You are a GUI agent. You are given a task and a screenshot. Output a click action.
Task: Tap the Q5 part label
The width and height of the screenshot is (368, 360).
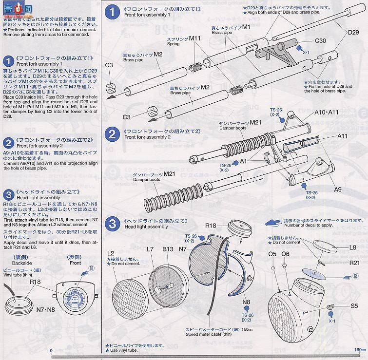click(272, 254)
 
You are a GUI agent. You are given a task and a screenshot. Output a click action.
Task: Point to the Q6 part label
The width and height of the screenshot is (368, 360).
click(285, 254)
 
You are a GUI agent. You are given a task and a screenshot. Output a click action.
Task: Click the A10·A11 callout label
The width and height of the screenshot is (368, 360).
click(326, 112)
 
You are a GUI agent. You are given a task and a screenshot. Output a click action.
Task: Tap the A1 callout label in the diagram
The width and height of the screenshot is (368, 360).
click(244, 161)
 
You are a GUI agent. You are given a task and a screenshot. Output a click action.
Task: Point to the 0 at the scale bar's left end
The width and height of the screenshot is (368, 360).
click(50, 349)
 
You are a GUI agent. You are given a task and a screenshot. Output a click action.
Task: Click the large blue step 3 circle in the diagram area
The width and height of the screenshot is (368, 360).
click(113, 224)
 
